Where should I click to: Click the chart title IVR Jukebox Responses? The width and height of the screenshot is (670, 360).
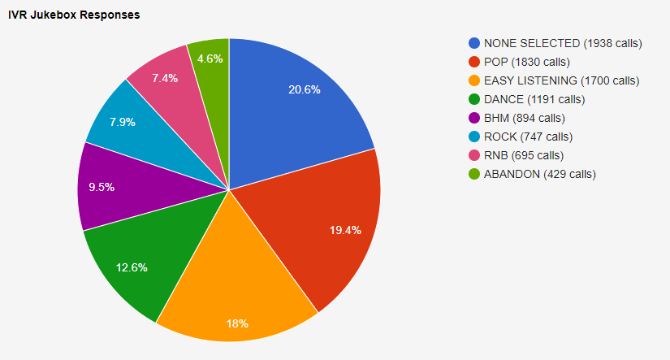pyautogui.click(x=74, y=15)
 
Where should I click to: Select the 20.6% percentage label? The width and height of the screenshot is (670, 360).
pyautogui.click(x=305, y=89)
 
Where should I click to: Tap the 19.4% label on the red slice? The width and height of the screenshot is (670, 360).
pyautogui.click(x=346, y=230)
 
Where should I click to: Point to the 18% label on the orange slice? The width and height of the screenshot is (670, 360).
pyautogui.click(x=237, y=323)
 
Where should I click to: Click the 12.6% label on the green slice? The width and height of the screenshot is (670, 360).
pyautogui.click(x=132, y=267)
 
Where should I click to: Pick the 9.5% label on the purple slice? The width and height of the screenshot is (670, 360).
pyautogui.click(x=102, y=187)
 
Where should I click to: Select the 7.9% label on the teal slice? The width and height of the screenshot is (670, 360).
pyautogui.click(x=122, y=123)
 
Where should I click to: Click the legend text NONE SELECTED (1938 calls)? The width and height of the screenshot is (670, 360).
pyautogui.click(x=563, y=43)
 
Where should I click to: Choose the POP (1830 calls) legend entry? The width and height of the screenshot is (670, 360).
pyautogui.click(x=526, y=62)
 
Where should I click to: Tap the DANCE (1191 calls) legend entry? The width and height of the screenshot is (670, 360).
pyautogui.click(x=534, y=99)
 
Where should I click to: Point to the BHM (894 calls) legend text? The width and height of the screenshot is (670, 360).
pyautogui.click(x=525, y=118)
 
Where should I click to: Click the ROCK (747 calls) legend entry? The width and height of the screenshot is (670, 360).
pyautogui.click(x=528, y=137)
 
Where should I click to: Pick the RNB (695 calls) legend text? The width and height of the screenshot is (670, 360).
pyautogui.click(x=523, y=155)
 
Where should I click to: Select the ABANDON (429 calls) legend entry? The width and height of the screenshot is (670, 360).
pyautogui.click(x=539, y=174)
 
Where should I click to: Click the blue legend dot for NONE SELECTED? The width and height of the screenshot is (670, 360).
pyautogui.click(x=474, y=43)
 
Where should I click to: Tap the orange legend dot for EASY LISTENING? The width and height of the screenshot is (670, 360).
pyautogui.click(x=474, y=80)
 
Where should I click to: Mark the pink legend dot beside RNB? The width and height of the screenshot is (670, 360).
pyautogui.click(x=474, y=155)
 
